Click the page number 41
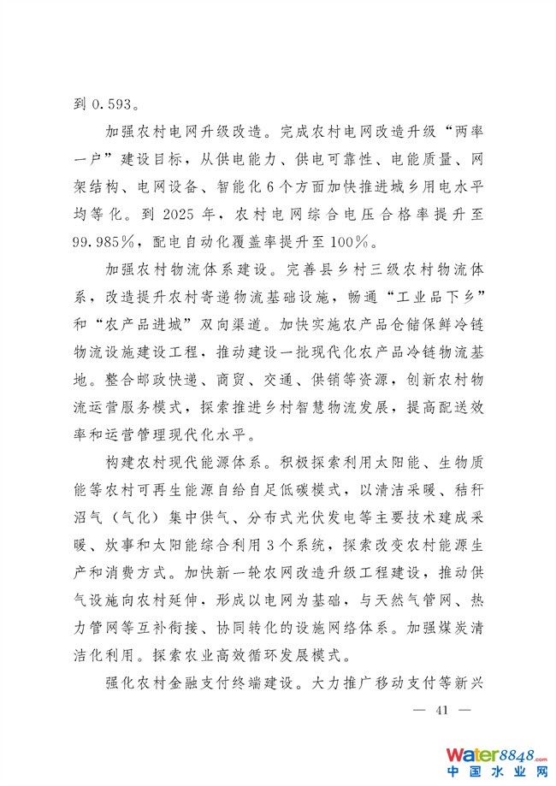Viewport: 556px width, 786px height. (x=442, y=711)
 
